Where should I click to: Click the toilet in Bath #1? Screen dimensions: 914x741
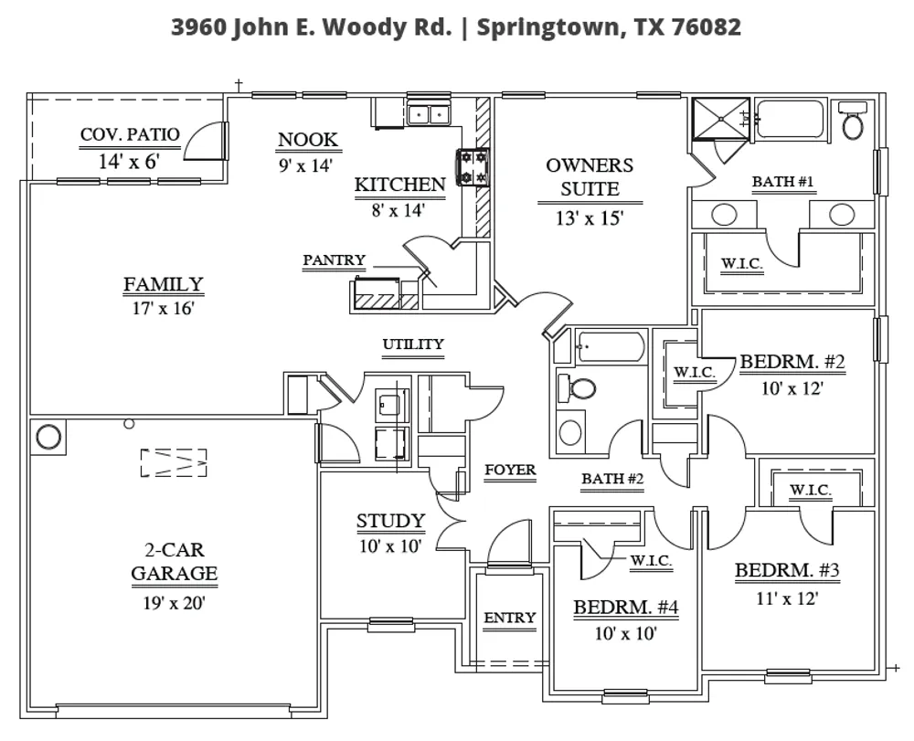click(853, 120)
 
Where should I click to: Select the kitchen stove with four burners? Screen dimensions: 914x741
click(473, 167)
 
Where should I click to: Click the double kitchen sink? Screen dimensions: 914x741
click(429, 114)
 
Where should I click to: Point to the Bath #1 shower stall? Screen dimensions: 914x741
click(720, 119)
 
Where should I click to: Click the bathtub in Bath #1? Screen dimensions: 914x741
click(791, 120)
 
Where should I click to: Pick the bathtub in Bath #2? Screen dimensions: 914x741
click(611, 347)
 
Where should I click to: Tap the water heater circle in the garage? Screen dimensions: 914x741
click(48, 437)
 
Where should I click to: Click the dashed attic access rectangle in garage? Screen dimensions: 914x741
click(174, 462)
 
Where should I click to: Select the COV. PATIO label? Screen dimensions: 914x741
click(130, 134)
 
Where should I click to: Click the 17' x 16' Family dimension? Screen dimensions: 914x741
click(164, 308)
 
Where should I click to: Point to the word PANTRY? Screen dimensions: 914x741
click(334, 259)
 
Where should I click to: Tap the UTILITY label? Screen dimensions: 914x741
click(413, 344)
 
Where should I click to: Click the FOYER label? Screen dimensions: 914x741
click(510, 470)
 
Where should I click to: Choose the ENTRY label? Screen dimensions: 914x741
click(510, 618)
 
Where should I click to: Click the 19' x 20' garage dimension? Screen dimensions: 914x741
click(175, 602)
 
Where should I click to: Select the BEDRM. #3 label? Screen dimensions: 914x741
click(787, 570)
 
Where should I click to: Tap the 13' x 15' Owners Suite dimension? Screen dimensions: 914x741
click(590, 217)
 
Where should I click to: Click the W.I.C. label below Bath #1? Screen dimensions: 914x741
click(742, 263)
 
